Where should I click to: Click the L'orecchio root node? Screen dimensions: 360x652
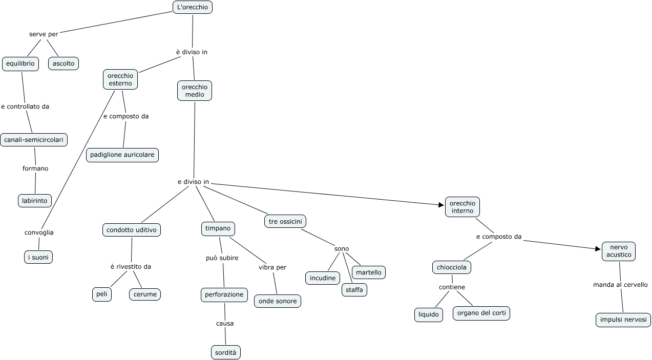point(193,7)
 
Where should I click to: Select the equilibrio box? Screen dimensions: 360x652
point(20,63)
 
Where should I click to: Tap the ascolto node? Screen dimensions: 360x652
point(64,63)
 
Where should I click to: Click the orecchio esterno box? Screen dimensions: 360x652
point(120,79)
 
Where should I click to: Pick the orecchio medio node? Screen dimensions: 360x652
point(195,91)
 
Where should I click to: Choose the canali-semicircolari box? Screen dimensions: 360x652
point(34,140)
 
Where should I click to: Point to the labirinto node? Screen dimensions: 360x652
point(35,201)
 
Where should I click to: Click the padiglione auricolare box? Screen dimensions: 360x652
point(122,155)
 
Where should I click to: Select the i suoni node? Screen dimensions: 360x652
point(38,257)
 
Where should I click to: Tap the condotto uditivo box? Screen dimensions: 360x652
point(132,230)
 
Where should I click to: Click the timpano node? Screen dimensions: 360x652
point(218,229)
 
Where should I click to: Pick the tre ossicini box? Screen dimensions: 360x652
point(285,221)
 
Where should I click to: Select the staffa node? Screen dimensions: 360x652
point(354,290)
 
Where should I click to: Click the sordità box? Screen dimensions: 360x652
point(226,352)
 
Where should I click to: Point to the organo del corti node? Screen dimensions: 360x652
point(481,313)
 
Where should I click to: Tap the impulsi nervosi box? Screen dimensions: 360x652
point(623,320)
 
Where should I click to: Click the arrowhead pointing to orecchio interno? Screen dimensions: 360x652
point(441,205)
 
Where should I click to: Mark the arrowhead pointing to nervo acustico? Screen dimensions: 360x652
point(598,249)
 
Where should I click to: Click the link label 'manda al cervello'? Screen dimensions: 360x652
point(620,285)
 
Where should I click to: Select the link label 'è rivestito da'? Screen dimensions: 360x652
point(131,267)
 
